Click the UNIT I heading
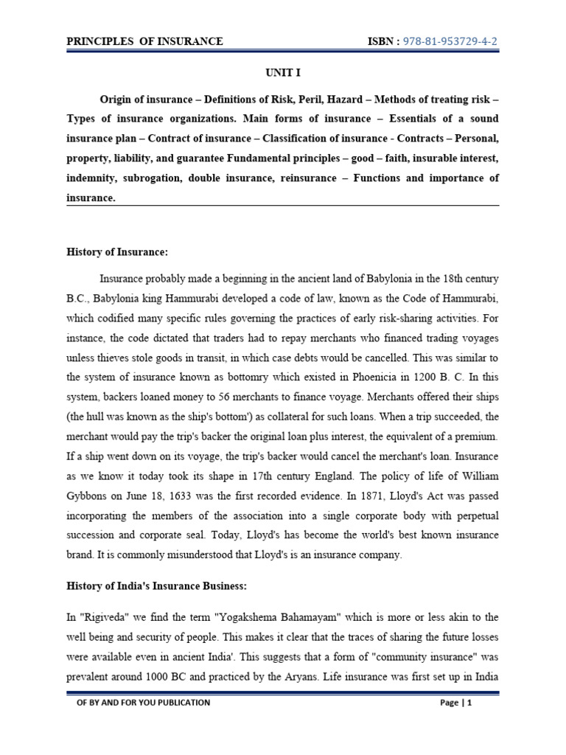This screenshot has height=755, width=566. click(x=283, y=73)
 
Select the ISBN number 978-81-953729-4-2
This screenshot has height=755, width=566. click(x=451, y=41)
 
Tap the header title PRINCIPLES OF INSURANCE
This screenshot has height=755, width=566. click(x=144, y=41)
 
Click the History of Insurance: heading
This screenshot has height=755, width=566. click(x=117, y=252)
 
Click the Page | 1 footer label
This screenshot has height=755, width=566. click(x=455, y=703)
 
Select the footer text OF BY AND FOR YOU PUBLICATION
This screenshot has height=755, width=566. click(x=144, y=703)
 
